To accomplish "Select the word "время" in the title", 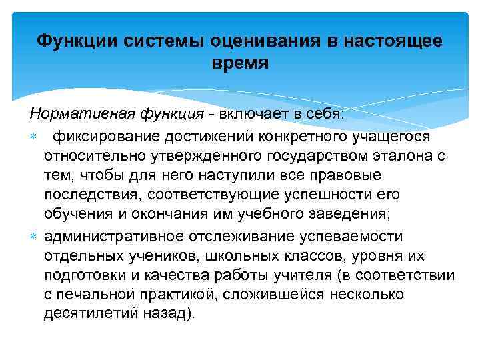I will pyautogui.click(x=239, y=64).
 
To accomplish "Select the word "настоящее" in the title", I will pyautogui.click(x=393, y=42).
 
